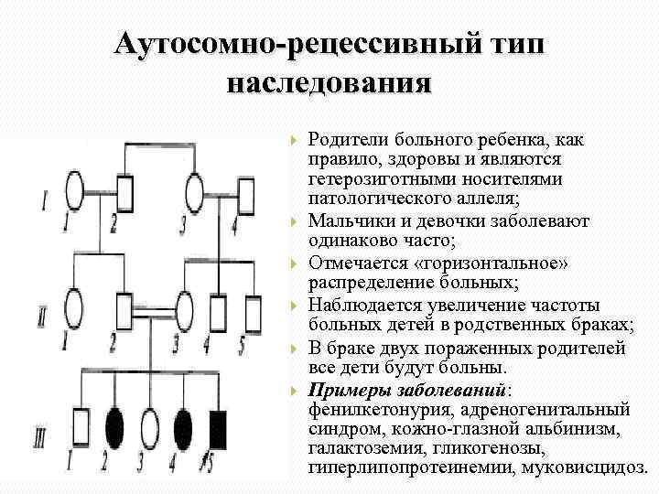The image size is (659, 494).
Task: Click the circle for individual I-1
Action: (75, 193)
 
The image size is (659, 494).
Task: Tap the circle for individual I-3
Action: (195, 193)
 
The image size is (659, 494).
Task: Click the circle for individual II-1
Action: (75, 307)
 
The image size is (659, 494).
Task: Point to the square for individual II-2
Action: (125, 307)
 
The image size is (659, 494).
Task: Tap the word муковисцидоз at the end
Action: (582, 467)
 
